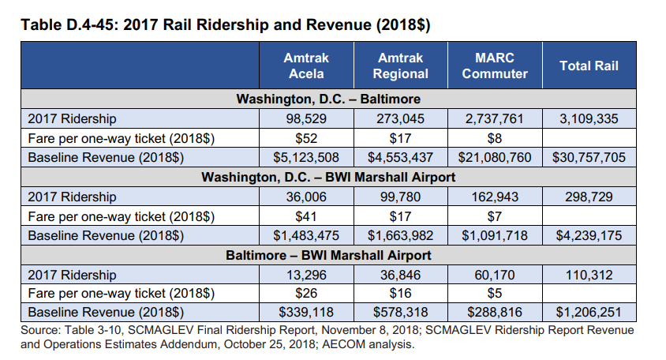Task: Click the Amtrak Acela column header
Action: tap(306, 66)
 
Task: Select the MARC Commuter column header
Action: tap(495, 66)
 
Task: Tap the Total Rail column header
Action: tap(589, 66)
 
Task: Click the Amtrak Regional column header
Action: tap(400, 66)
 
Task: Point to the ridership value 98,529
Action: tap(306, 119)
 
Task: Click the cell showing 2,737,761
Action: tap(495, 119)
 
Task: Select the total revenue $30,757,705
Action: tap(589, 158)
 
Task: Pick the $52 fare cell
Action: tap(306, 138)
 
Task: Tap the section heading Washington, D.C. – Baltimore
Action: tap(328, 99)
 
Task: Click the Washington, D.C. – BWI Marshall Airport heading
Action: tap(328, 178)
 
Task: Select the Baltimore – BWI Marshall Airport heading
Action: tap(328, 256)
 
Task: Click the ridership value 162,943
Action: tap(495, 197)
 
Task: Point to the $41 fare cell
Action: tap(306, 216)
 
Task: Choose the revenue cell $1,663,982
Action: tap(400, 236)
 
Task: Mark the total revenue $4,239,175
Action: tap(589, 236)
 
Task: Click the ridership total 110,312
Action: tap(589, 276)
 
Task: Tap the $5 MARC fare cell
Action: tap(495, 294)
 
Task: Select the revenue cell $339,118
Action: tap(306, 313)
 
